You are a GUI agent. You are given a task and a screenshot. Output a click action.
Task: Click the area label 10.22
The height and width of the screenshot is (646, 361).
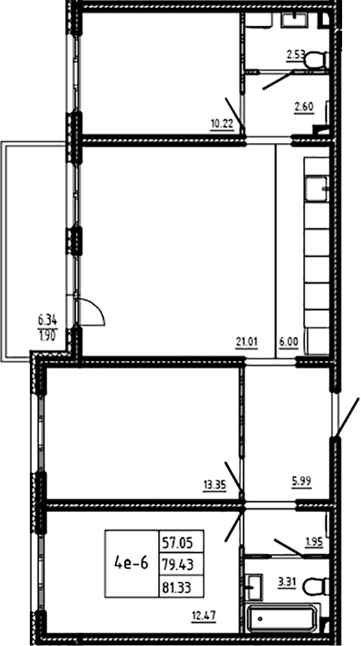click(223, 125)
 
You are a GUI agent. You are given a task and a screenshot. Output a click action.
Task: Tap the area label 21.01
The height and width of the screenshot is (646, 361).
click(247, 342)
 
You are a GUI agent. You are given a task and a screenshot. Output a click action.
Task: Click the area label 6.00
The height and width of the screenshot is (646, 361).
click(289, 342)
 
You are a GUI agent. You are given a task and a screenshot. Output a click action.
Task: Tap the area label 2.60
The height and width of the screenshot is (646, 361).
click(304, 107)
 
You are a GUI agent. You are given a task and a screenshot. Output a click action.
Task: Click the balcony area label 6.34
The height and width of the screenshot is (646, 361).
click(48, 319)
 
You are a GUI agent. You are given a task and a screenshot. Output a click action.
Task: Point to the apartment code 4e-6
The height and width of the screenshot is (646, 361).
click(132, 563)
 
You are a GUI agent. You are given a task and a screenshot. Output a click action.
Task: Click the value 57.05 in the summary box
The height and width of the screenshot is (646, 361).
click(181, 540)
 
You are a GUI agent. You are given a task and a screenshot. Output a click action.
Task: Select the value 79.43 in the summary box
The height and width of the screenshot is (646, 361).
click(181, 563)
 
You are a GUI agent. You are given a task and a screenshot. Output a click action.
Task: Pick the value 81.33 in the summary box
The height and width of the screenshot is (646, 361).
click(181, 585)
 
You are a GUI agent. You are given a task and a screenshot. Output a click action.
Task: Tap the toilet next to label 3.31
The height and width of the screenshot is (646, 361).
click(316, 586)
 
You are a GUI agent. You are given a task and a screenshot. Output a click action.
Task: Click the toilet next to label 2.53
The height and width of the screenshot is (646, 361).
click(317, 60)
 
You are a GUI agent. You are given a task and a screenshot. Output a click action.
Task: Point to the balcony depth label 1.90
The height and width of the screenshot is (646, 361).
click(48, 334)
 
